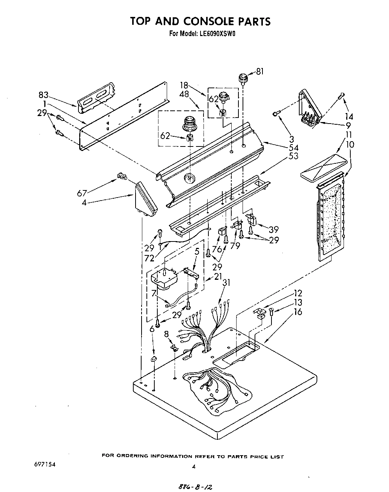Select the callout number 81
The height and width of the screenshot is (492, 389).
[x=260, y=71]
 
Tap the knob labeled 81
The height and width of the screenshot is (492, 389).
[x=243, y=80]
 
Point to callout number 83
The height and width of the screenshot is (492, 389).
[x=44, y=95]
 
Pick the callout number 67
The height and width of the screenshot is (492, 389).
[x=82, y=193]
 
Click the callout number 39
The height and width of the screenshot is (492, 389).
[x=273, y=229]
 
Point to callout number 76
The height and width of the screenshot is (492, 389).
[x=217, y=249]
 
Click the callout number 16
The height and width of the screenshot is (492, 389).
[x=297, y=311]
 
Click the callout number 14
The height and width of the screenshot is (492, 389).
[x=349, y=116]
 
